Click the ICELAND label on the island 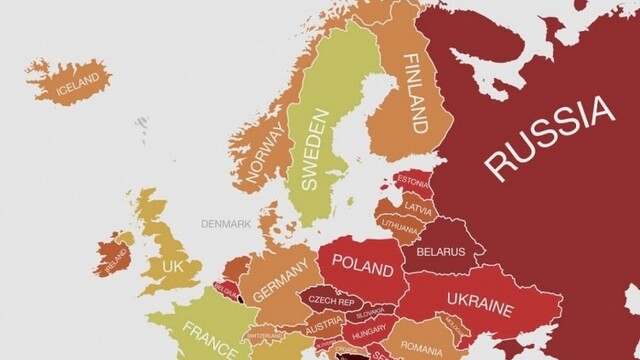(x=78, y=79)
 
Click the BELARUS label (x=440, y=251)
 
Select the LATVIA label (x=418, y=207)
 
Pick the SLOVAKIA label (x=370, y=313)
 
